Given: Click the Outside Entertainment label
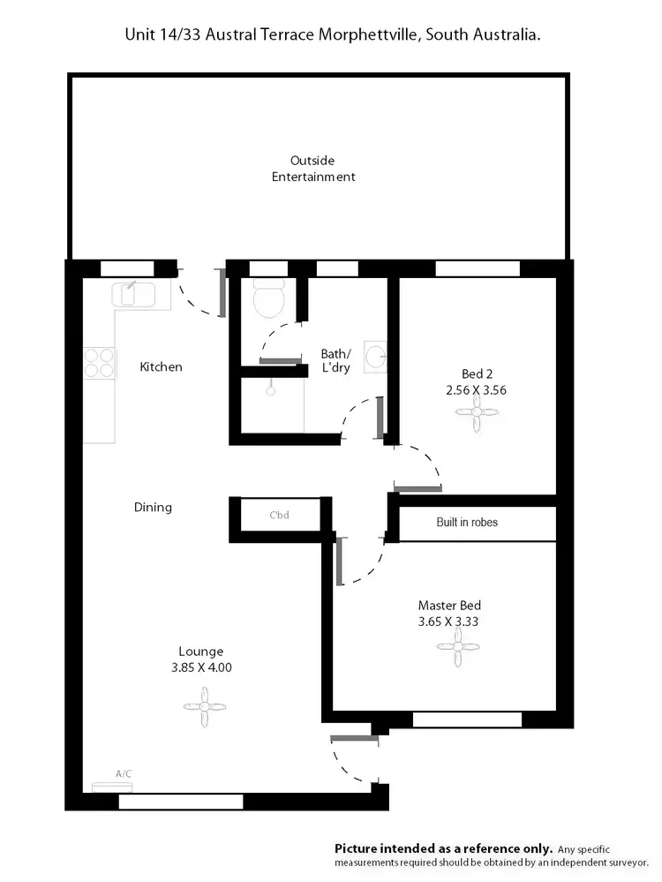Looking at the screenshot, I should tap(322, 169).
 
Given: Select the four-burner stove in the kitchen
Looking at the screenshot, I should tap(100, 363).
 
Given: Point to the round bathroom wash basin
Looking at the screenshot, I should tap(375, 358).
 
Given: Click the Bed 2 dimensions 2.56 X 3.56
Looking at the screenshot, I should tap(477, 388).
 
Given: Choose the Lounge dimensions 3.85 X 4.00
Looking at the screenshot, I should tap(201, 667).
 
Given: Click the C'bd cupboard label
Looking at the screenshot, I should tap(279, 515).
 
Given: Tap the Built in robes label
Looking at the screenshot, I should tap(467, 523).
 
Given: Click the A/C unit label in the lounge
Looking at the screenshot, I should tap(124, 774).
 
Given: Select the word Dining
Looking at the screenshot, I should tap(153, 507).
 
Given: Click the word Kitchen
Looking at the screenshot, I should tap(161, 366).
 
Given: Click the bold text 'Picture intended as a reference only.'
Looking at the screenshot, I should tap(444, 848).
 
